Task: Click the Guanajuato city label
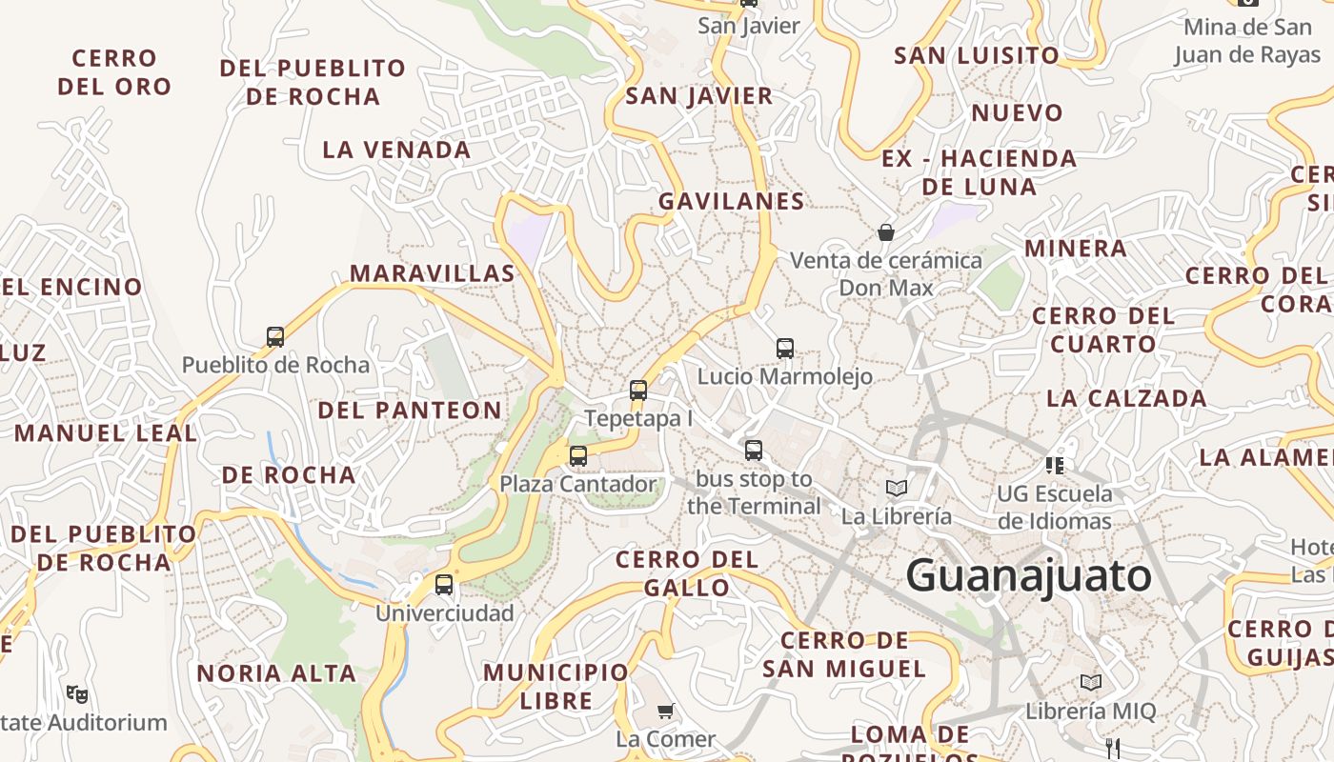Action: pyautogui.click(x=1028, y=576)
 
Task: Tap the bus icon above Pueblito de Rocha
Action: pyautogui.click(x=275, y=336)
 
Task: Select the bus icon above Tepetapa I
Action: pyautogui.click(x=638, y=390)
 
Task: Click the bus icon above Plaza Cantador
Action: pyautogui.click(x=578, y=455)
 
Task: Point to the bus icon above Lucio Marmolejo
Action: pyautogui.click(x=785, y=348)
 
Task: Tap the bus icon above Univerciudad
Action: pyautogui.click(x=444, y=585)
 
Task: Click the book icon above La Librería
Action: pyautogui.click(x=896, y=489)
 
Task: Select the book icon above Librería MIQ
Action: pyautogui.click(x=1091, y=683)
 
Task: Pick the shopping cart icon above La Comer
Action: pyautogui.click(x=666, y=711)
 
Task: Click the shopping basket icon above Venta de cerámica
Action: pyautogui.click(x=886, y=231)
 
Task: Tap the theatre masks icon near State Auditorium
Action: pyautogui.click(x=77, y=693)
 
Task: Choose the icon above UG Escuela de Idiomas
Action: pyautogui.click(x=1055, y=465)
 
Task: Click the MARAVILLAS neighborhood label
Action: pyautogui.click(x=433, y=273)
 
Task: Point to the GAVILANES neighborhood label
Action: pyautogui.click(x=731, y=201)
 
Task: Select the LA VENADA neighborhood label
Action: pyautogui.click(x=396, y=150)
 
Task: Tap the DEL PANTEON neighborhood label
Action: pyautogui.click(x=410, y=411)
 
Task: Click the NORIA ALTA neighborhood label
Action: pyautogui.click(x=276, y=673)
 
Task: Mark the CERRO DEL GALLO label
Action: pyautogui.click(x=687, y=572)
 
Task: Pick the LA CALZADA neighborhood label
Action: pyautogui.click(x=1126, y=398)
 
